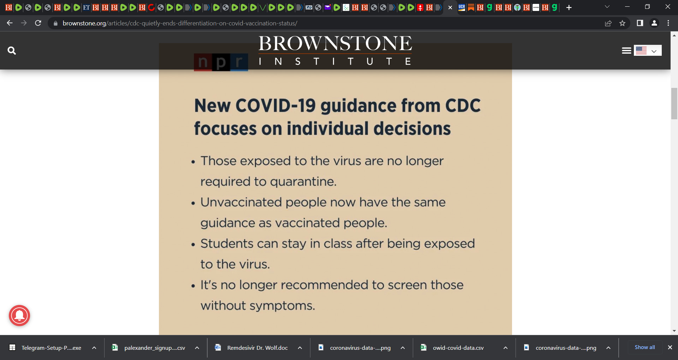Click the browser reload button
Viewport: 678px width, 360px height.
pos(38,23)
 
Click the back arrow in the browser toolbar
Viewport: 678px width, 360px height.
pos(10,23)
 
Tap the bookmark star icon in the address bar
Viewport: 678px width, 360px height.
pos(622,23)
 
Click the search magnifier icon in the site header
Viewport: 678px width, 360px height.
pos(12,50)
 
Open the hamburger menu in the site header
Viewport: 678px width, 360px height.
pos(626,50)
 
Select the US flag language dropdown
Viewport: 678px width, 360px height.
pos(648,50)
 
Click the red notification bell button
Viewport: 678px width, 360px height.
pos(19,316)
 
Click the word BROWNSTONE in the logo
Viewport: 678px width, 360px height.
pos(335,43)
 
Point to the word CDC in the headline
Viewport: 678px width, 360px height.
pos(463,106)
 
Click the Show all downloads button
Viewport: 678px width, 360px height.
pos(645,347)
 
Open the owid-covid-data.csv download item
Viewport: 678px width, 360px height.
pos(458,348)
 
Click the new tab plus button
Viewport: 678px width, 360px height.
pos(569,7)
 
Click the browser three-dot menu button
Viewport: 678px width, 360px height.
pos(668,23)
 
